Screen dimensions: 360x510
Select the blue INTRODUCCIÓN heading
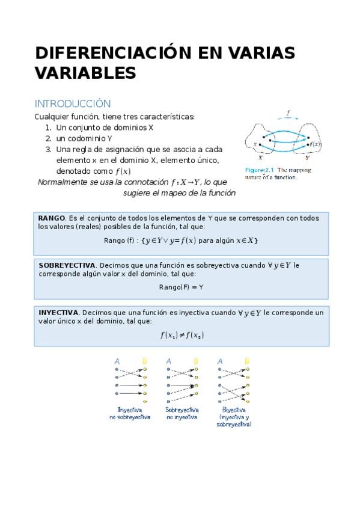[x=72, y=103]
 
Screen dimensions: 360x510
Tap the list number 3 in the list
[x=48, y=149]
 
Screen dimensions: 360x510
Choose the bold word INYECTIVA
[x=58, y=313]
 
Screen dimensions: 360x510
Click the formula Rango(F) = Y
[x=181, y=287]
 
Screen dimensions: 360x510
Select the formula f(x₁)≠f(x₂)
[x=182, y=335]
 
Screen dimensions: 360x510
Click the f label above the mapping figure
[x=288, y=112]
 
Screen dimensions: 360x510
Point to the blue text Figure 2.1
[x=260, y=170]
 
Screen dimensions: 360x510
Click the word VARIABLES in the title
[x=85, y=73]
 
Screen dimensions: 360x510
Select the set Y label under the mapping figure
[x=307, y=158]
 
